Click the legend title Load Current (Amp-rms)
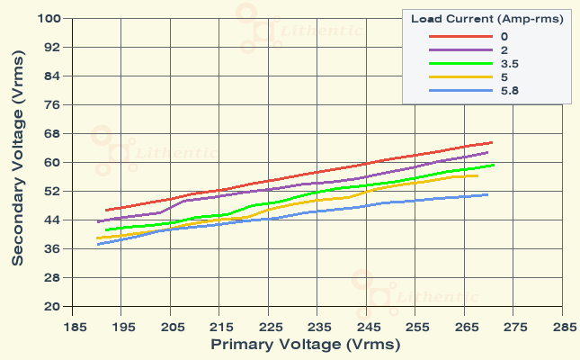point(487,19)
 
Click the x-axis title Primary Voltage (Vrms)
point(305,344)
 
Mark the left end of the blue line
point(97,244)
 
